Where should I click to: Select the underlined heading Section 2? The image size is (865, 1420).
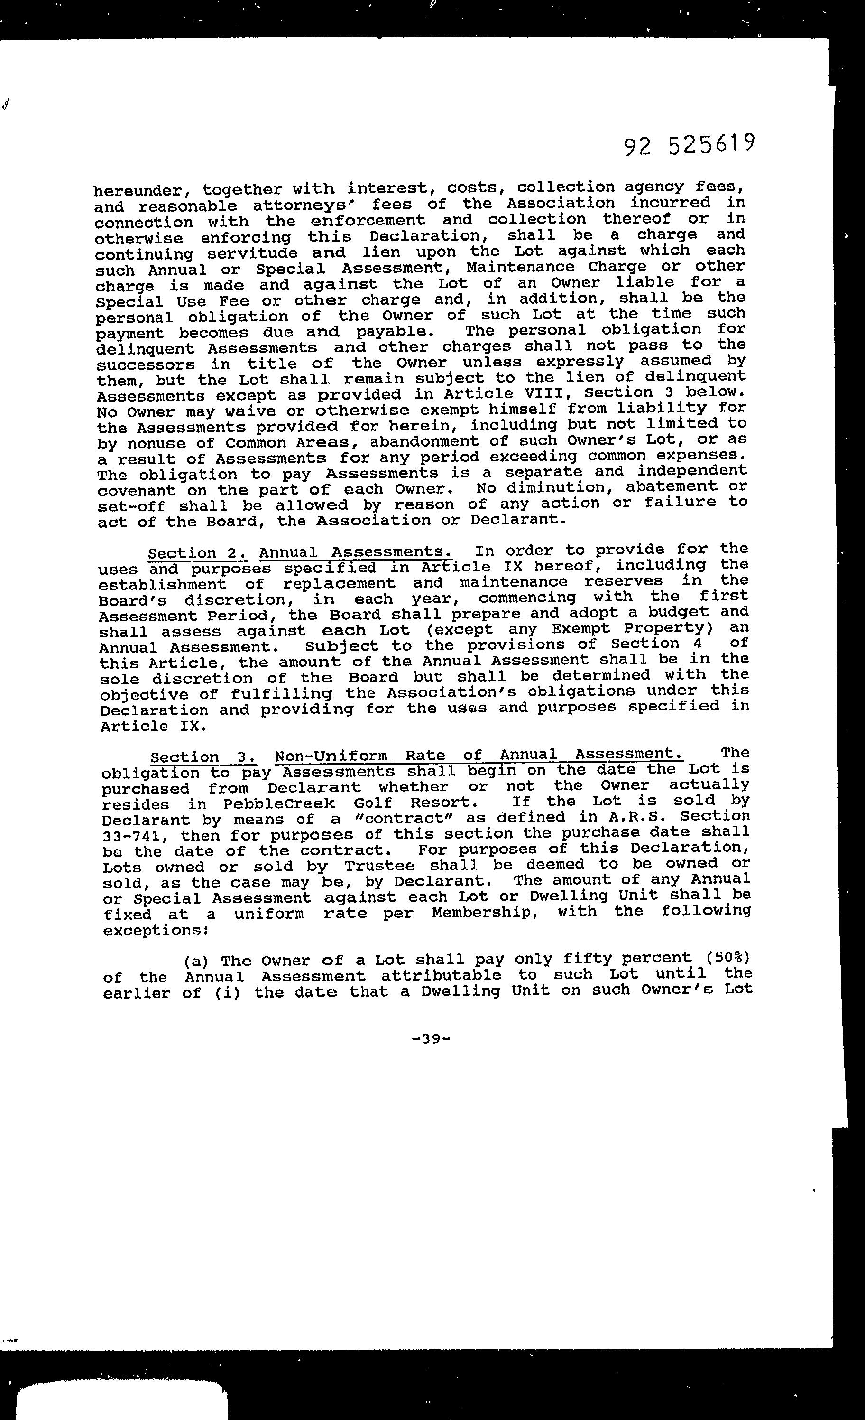(x=198, y=553)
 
